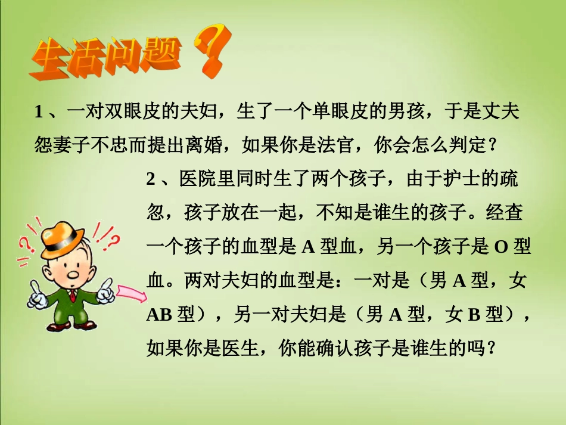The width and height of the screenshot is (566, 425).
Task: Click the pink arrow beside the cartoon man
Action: tap(132, 294)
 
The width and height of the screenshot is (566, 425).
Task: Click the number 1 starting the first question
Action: tap(39, 113)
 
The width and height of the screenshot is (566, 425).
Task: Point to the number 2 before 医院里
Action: tap(151, 179)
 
